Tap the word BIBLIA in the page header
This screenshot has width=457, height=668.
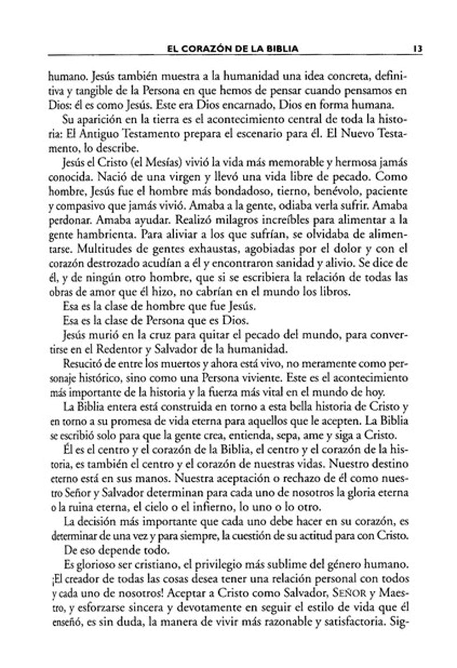[282, 49]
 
